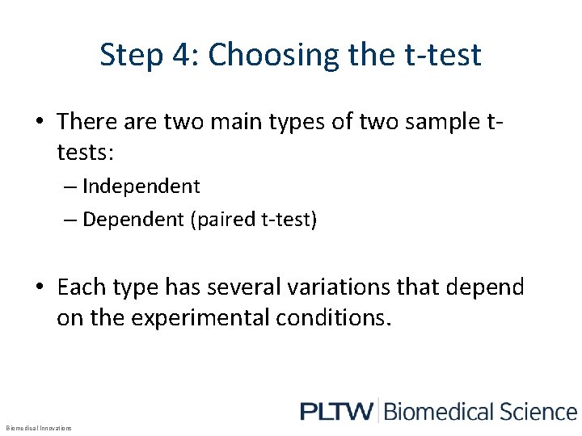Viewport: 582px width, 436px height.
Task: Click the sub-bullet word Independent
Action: [x=141, y=186]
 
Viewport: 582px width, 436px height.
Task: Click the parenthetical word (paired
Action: [x=222, y=220]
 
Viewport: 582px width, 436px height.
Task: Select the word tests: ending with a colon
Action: [x=86, y=153]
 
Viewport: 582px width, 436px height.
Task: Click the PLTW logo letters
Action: [x=336, y=412]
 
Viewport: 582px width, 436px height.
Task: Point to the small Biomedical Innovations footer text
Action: [x=38, y=428]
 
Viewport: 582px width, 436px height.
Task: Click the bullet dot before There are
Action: [x=39, y=123]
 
